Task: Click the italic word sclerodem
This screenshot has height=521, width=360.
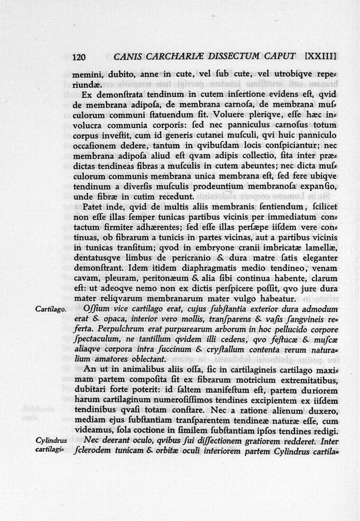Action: click(92, 450)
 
